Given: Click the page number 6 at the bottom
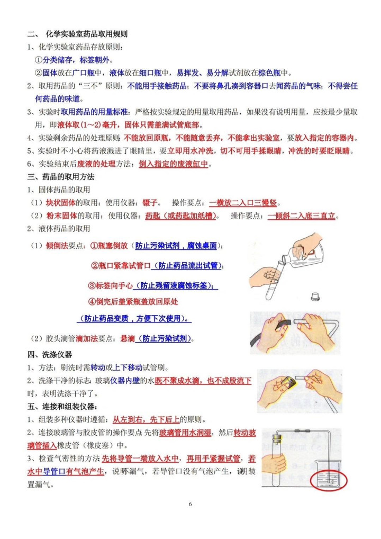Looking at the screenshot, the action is pos(190,504).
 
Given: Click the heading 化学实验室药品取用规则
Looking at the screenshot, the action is pos(87,34).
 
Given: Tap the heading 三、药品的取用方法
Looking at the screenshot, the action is pos(61,177).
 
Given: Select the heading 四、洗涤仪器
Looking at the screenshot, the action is pos(50,354).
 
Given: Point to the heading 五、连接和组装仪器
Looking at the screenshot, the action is pos(62,406).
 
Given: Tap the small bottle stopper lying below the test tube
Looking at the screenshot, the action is pos(315,297).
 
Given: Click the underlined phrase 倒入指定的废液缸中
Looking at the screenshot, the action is pos(174,164).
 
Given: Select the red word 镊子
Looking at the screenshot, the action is pos(150,203).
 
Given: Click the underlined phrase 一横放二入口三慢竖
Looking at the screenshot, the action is pos(243,203).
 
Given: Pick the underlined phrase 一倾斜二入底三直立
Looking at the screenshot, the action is pos(302,216).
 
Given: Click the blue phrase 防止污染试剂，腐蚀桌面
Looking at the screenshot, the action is pos(176,246).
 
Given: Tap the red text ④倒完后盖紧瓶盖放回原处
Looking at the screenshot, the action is pos(133,302).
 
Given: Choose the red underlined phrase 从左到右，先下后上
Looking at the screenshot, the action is pos(146,419).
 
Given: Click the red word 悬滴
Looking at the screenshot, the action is pos(128,338).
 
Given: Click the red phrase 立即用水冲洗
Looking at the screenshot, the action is pos(190,151).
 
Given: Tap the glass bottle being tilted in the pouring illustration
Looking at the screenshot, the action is pos(303,253).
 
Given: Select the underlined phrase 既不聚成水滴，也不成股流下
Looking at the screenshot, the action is pos(203,381).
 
